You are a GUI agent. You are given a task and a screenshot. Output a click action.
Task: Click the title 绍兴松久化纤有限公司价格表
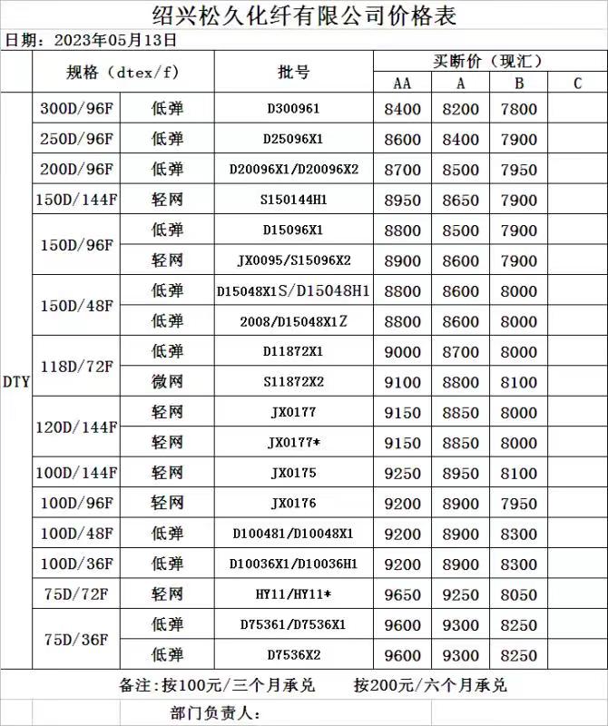[303, 15]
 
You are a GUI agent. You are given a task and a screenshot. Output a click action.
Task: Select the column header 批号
[293, 72]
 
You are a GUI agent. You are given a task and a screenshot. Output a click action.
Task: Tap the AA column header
[402, 83]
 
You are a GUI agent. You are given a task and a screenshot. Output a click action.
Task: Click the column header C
[577, 83]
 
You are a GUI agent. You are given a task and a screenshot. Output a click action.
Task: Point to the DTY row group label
[16, 382]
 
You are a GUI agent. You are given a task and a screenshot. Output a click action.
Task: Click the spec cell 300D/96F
[76, 109]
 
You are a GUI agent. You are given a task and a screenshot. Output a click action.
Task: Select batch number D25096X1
[293, 139]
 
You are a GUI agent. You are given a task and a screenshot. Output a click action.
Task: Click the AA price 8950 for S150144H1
[402, 200]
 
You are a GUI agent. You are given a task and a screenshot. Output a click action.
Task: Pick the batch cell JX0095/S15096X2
[293, 260]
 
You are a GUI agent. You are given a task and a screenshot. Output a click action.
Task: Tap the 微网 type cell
[167, 382]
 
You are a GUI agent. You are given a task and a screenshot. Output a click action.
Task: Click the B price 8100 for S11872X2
[519, 382]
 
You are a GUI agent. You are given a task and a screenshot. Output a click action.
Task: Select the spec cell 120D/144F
[76, 427]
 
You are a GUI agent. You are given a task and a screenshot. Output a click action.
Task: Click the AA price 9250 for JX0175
[402, 473]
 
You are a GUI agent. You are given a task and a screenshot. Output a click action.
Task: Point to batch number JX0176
[293, 504]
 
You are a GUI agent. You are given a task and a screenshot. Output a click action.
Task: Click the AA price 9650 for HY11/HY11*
[402, 594]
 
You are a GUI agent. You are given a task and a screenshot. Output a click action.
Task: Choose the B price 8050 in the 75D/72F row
[519, 594]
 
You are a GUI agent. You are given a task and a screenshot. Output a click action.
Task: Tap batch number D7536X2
[293, 655]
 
